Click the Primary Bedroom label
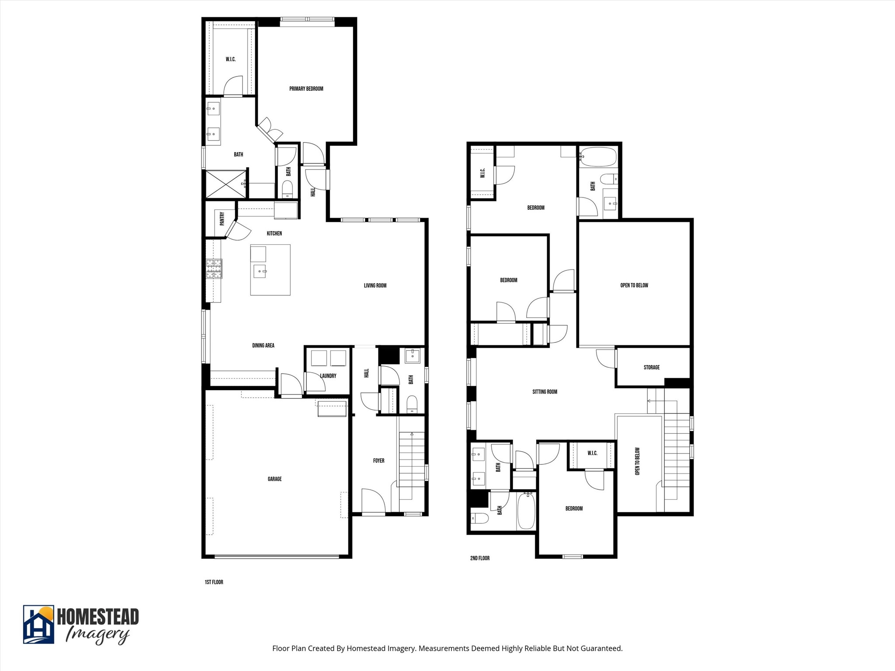click(306, 89)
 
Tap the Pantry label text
click(222, 218)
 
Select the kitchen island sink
click(260, 271)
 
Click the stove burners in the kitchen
click(214, 269)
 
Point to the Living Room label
click(375, 286)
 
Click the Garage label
click(274, 479)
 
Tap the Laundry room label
click(328, 376)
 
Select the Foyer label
click(378, 460)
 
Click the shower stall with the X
click(226, 183)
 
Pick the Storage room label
click(651, 367)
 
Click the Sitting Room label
click(545, 392)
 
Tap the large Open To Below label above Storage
click(634, 285)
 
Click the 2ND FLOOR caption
click(479, 558)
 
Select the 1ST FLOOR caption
click(214, 582)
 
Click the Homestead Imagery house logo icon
click(38, 624)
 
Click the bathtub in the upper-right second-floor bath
click(598, 157)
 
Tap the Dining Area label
click(263, 346)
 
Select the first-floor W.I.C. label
click(230, 59)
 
